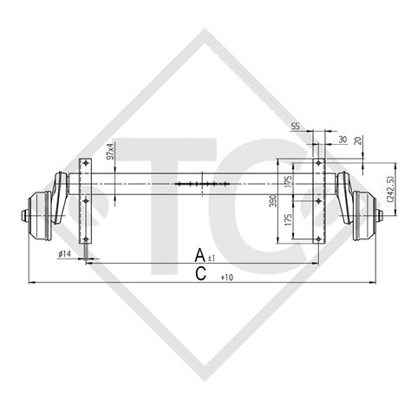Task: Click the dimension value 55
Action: pos(295,126)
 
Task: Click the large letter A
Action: pos(200,255)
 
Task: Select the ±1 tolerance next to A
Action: pos(213,258)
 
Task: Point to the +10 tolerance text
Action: pos(227,277)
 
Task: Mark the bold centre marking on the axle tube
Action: pos(201,184)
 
